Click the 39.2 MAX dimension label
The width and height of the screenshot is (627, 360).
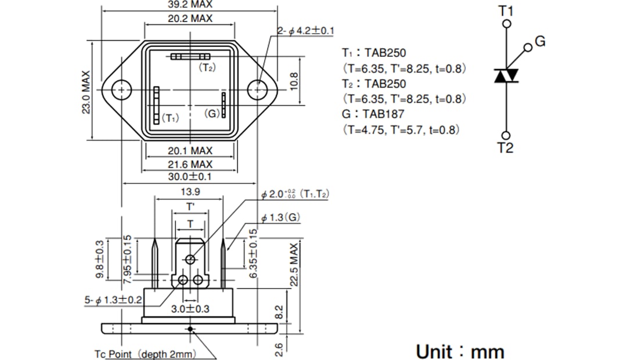[190, 4]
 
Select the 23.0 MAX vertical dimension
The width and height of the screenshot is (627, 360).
[86, 93]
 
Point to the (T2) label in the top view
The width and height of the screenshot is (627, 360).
[207, 68]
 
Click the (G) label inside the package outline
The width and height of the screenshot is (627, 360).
[212, 114]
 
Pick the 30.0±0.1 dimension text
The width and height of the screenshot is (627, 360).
[190, 177]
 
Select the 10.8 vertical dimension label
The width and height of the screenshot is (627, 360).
[294, 81]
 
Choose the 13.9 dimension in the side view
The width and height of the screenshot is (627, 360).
[190, 192]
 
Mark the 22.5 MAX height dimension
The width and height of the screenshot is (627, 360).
[294, 265]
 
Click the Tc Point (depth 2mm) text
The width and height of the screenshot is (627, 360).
[145, 354]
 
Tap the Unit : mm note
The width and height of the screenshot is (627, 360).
[460, 351]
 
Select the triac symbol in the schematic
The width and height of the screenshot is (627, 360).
[506, 76]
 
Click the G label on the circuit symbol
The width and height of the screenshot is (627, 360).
[540, 41]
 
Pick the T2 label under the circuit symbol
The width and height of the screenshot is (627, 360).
[506, 148]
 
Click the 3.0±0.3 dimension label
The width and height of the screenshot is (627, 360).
[190, 309]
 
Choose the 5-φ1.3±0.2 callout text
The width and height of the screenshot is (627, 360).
[113, 300]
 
